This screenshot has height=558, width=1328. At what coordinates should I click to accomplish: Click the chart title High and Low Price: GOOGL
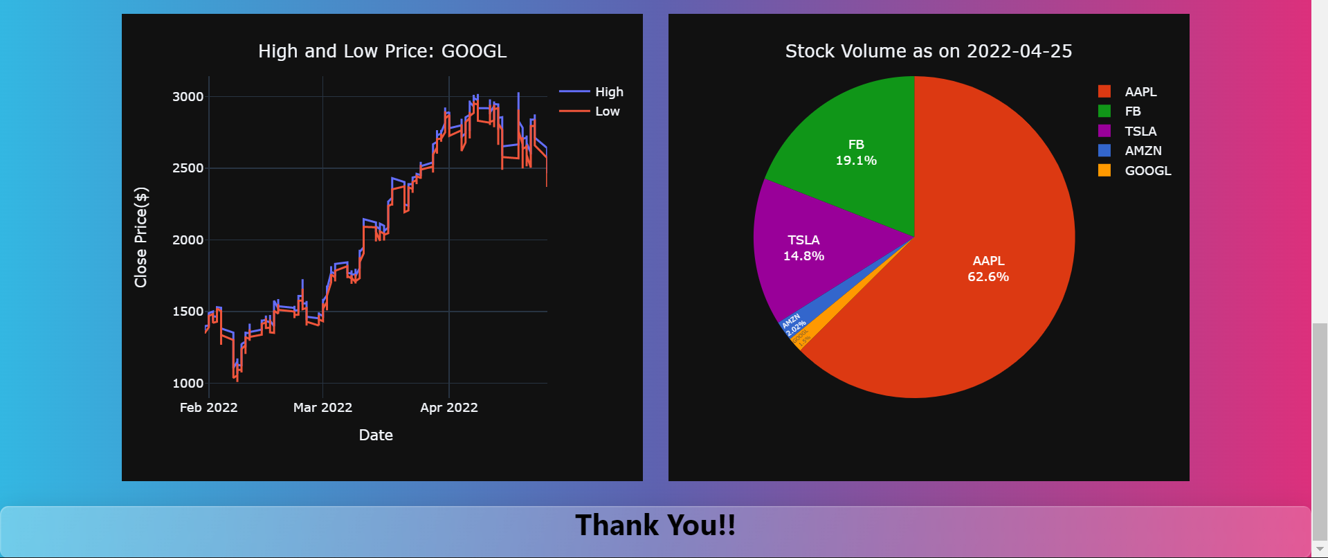[x=382, y=51]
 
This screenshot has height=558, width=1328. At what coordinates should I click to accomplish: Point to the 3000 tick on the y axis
[x=188, y=97]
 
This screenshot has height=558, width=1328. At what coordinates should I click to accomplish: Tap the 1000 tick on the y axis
[x=188, y=384]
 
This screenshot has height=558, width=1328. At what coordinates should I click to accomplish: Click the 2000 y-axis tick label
[x=188, y=240]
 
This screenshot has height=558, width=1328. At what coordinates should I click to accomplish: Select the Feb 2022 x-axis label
[x=208, y=408]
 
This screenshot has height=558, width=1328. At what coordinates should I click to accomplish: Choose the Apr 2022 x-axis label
[x=448, y=408]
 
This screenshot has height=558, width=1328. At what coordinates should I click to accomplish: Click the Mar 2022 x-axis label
[x=322, y=408]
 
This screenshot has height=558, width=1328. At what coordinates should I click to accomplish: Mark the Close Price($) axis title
[x=141, y=237]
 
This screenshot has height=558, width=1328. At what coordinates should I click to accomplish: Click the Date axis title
[x=376, y=435]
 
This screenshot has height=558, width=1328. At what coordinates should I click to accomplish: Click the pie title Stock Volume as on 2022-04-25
[x=928, y=51]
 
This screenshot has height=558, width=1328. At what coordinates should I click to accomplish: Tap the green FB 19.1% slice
[x=855, y=152]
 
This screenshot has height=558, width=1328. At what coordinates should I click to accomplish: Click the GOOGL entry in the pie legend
[x=1147, y=170]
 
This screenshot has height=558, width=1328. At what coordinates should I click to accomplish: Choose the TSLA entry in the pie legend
[x=1140, y=131]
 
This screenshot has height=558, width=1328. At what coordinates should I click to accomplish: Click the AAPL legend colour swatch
[x=1104, y=91]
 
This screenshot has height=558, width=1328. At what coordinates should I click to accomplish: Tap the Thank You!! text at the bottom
[x=655, y=525]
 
